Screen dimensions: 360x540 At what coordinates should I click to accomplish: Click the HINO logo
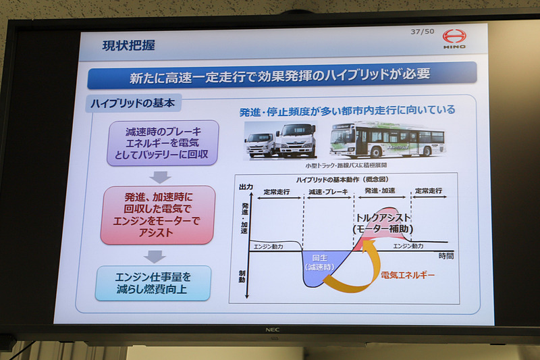coord(454,37)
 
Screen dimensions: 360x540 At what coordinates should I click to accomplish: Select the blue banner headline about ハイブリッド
coord(281,74)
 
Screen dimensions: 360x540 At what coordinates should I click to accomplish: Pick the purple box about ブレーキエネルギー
coord(163,143)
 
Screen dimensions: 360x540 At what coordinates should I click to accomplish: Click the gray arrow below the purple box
coord(159,176)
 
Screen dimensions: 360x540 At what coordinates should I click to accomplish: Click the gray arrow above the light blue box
coord(155,256)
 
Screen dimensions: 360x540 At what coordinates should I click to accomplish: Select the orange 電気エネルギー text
coord(408,275)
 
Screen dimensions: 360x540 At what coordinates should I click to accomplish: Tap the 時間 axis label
coord(446,256)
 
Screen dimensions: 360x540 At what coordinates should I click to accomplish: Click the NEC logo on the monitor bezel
coord(273,330)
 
